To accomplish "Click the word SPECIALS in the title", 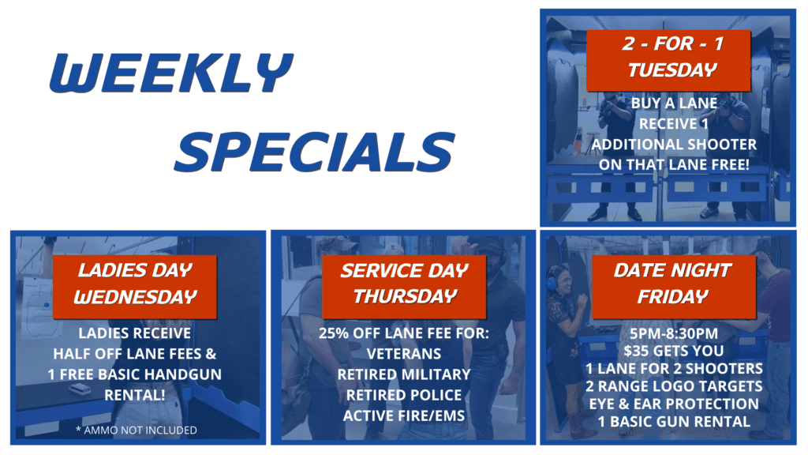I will point(314,150).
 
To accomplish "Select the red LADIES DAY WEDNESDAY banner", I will point(135,284).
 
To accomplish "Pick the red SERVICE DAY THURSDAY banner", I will point(404,284).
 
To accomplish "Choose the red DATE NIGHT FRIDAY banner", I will point(673,284).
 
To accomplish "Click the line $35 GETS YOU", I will point(673,351).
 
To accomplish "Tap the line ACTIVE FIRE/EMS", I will point(404,416).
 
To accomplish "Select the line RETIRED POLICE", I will point(404,395).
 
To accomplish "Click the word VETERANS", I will point(404,354).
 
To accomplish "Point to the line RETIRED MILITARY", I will point(404,374).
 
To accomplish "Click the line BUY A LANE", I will point(673,103).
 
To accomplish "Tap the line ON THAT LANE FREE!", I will point(673,164).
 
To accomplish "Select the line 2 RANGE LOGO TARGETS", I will point(673,386).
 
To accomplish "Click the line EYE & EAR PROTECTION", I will point(673,404).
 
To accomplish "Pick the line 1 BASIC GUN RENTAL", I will point(673,422).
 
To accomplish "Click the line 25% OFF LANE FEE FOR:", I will point(404,333).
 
